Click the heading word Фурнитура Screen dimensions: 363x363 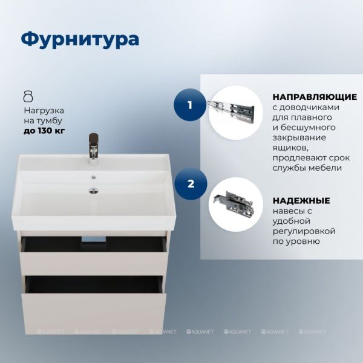click(80, 39)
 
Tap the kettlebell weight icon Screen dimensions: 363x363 click(28, 96)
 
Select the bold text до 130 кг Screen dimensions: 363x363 click(44, 131)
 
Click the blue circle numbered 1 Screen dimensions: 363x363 click(190, 105)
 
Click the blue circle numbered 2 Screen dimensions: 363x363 click(191, 184)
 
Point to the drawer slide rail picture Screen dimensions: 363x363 click(231, 110)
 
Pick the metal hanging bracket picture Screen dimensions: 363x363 click(234, 203)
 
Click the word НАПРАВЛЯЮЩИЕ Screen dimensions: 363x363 click(315, 97)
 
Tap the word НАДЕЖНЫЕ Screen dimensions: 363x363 click(301, 200)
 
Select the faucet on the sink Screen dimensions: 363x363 click(94, 149)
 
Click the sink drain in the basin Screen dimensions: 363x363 click(94, 191)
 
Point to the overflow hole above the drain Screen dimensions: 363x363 click(94, 177)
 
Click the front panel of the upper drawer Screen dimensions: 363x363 click(93, 263)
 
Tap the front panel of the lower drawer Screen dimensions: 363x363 click(94, 313)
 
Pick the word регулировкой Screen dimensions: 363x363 click(304, 231)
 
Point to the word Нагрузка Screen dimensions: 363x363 click(44, 111)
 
